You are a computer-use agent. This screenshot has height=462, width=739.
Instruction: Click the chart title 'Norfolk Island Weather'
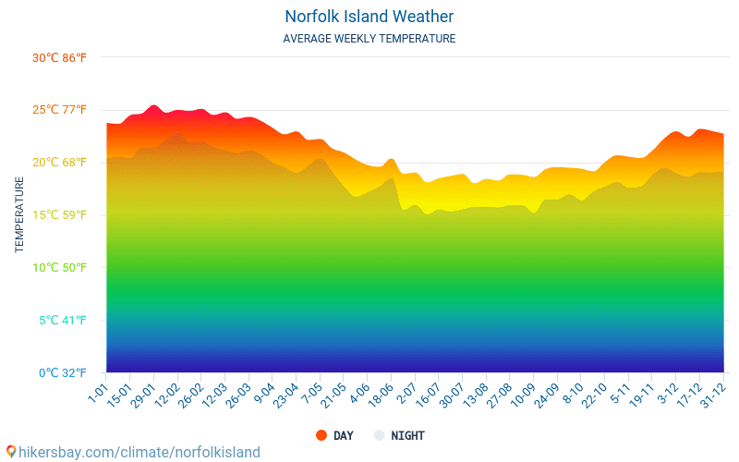coord(369,17)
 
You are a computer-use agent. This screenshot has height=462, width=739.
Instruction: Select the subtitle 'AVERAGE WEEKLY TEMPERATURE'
coord(369,39)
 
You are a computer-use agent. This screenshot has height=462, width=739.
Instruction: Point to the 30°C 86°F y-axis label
coord(59,58)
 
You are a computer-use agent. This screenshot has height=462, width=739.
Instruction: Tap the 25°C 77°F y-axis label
coord(59,110)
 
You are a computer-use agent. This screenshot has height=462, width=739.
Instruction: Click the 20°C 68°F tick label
coord(59,163)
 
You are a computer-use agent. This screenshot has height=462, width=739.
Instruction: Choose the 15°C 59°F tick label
coord(59,215)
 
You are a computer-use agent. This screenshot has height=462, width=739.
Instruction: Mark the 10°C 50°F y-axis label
coord(59,268)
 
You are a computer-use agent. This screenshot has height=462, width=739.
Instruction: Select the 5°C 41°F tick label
coord(61,321)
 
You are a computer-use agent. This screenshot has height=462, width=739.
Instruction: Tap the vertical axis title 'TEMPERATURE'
coord(19,215)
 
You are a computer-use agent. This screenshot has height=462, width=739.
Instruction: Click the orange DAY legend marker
coord(321,435)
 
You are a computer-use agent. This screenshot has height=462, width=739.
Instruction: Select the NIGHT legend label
coord(407,435)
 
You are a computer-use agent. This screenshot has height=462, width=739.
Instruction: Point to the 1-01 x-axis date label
coord(98,392)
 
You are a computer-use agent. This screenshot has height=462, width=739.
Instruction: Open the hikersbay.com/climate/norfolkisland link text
coord(139,452)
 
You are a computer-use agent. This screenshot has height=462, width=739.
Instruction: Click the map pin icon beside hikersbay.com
coord(11,452)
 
